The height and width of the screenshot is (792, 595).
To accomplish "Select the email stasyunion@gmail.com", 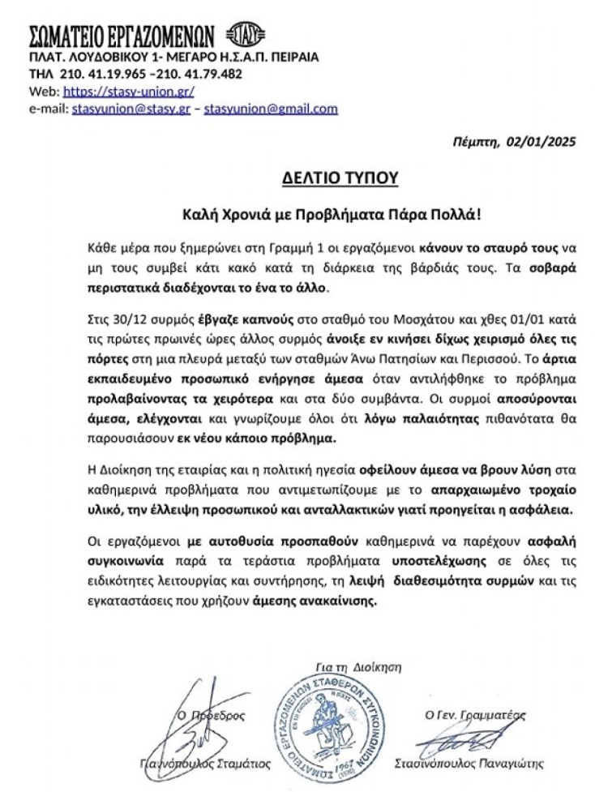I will [x=271, y=109].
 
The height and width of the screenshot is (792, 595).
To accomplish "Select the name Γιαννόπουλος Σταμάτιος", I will [x=202, y=764].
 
